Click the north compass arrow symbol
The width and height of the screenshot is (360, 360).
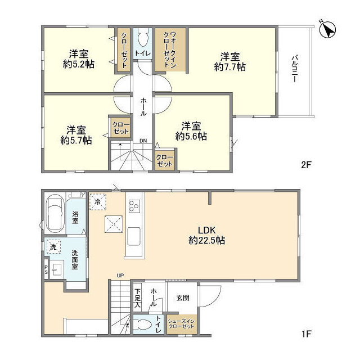[327, 30]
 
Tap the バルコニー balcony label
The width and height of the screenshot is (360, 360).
[295, 69]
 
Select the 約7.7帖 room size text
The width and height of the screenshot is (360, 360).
[230, 67]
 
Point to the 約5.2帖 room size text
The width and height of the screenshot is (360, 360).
[79, 64]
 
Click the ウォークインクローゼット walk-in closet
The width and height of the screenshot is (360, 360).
[170, 49]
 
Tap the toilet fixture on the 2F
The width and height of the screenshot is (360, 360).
[142, 38]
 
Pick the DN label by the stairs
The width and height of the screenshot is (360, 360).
[143, 141]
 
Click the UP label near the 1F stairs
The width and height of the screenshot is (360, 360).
[120, 275]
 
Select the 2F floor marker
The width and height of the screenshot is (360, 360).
[306, 165]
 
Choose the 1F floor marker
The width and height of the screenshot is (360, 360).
[306, 334]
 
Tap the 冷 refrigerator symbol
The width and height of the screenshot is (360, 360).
[97, 202]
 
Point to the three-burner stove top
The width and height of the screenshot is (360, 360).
[134, 206]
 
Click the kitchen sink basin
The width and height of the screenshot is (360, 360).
[134, 236]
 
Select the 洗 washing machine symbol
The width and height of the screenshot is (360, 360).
[53, 247]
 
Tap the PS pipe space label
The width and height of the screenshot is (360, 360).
[46, 270]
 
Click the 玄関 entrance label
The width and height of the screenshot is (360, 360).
[183, 298]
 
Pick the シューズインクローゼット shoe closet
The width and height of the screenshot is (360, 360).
[181, 324]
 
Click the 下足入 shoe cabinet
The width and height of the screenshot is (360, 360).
[137, 298]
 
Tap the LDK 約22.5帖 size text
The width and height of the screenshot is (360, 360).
[206, 235]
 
